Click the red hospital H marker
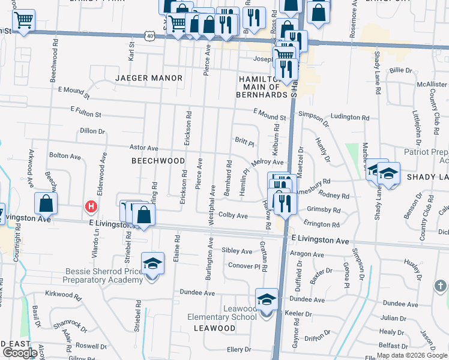(x=91, y=207)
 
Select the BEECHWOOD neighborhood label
(x=158, y=161)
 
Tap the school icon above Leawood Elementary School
(x=267, y=298)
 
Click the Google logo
(x=19, y=352)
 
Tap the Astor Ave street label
(x=143, y=148)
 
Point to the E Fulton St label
(x=86, y=111)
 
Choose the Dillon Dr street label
(x=92, y=131)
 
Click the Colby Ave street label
(x=233, y=215)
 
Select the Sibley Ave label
(x=237, y=251)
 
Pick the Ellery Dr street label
(x=238, y=349)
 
